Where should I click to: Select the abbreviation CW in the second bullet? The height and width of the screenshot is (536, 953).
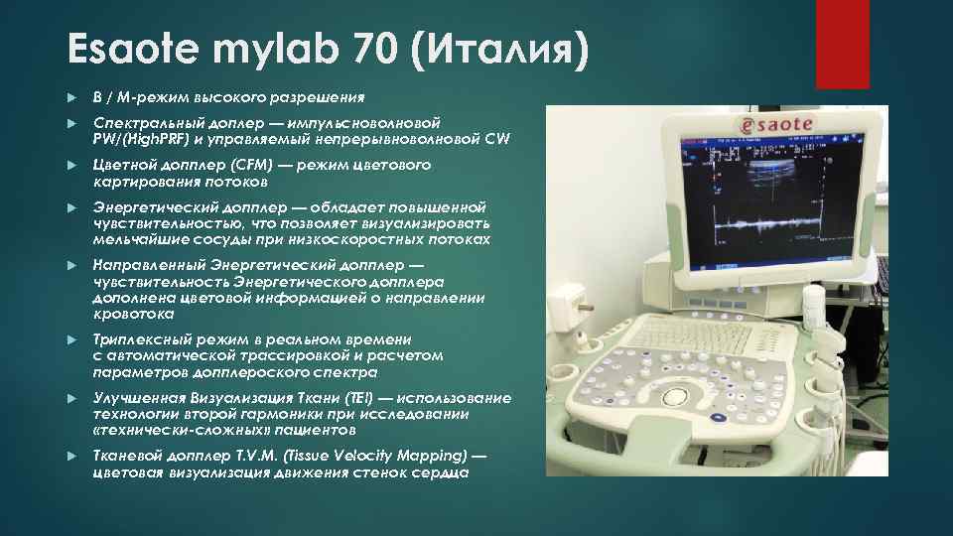point(497,140)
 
